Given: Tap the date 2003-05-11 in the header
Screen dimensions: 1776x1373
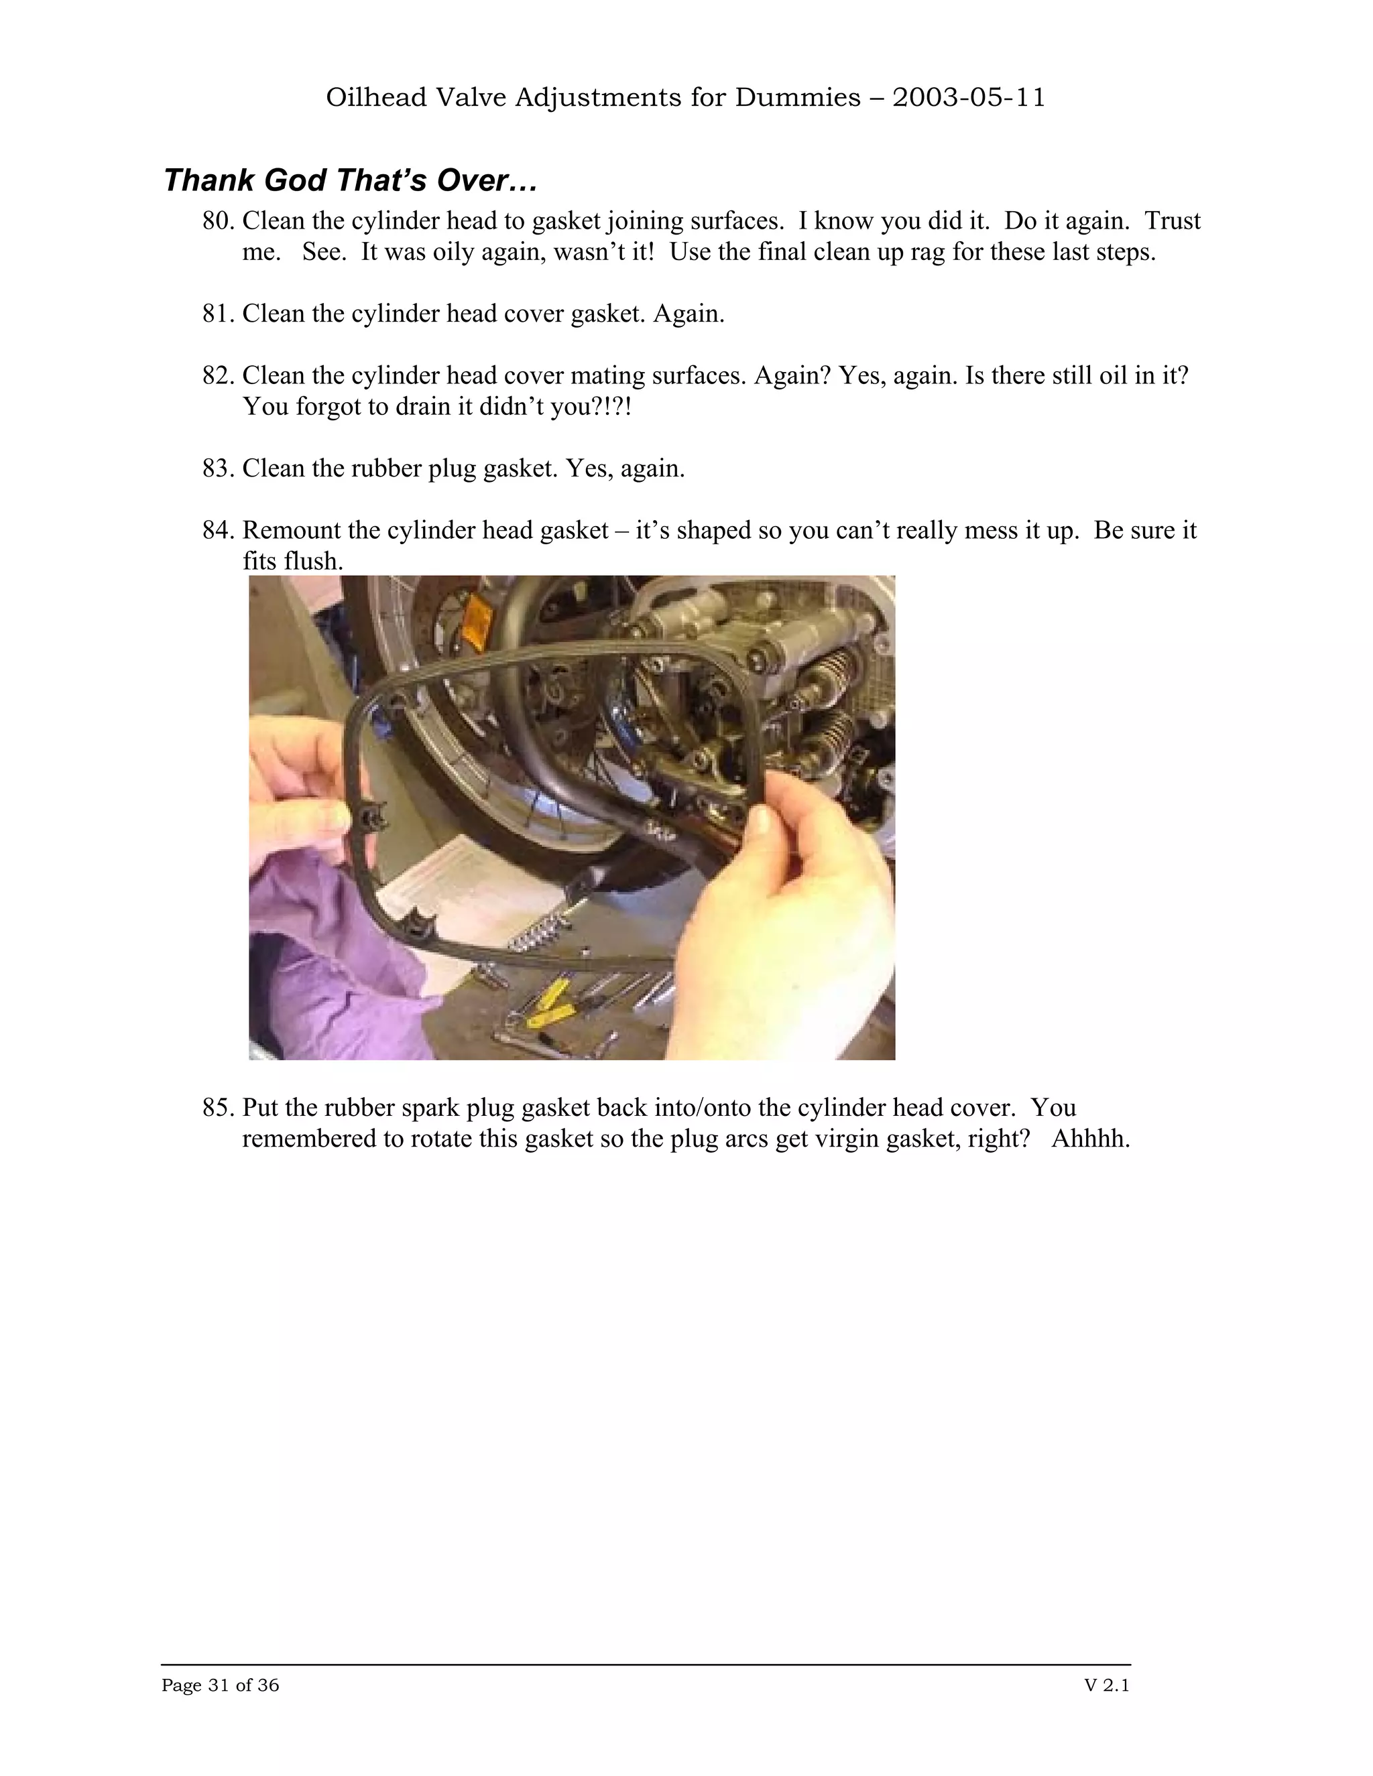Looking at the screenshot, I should [x=968, y=98].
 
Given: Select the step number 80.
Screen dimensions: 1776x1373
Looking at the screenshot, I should [x=218, y=221].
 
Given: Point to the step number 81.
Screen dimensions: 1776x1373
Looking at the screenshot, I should [x=218, y=314].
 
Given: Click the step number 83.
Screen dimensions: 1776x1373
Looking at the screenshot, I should [x=218, y=468].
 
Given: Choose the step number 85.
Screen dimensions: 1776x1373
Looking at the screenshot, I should [x=218, y=1108].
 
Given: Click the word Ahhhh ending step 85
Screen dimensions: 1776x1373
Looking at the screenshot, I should [x=1090, y=1139].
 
